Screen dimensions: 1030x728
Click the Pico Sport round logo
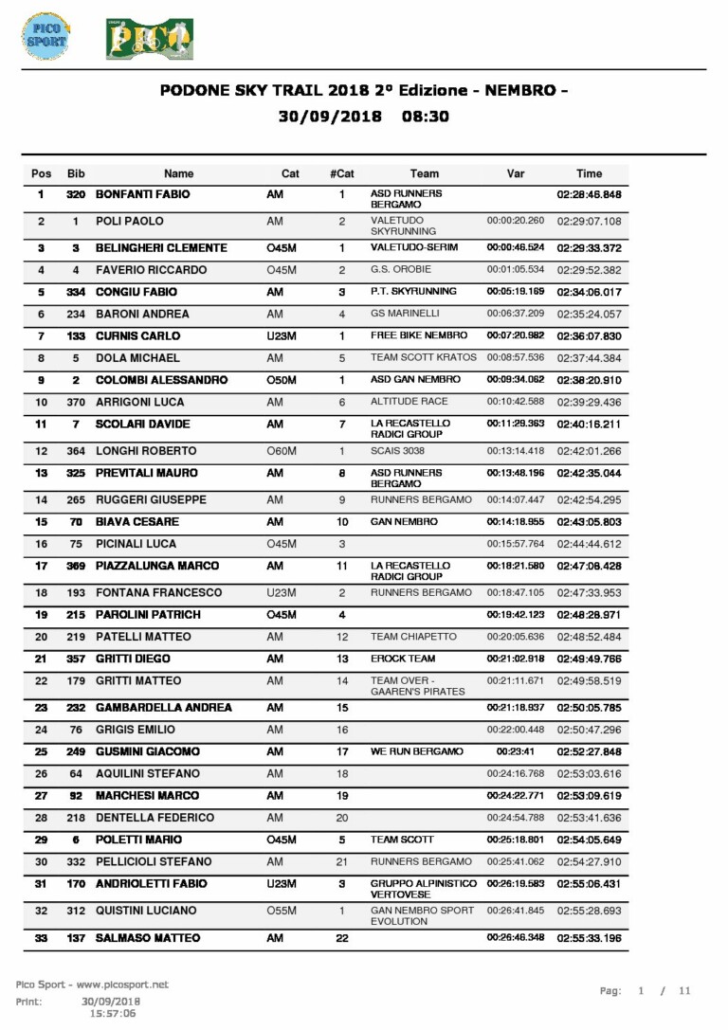pos(45,36)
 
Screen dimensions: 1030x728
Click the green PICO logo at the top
pos(150,38)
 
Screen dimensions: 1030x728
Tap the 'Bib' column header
pos(76,173)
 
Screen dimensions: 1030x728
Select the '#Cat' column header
pos(342,173)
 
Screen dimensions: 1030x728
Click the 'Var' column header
pos(516,173)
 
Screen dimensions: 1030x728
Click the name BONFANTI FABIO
pos(143,194)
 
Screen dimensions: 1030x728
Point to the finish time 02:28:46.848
pos(589,194)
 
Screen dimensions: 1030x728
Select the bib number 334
pos(76,292)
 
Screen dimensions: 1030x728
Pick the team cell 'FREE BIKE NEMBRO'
pos(419,335)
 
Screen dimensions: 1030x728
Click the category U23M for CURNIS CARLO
pos(283,335)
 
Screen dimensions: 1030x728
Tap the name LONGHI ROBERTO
pos(146,451)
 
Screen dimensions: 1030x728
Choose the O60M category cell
pos(282,451)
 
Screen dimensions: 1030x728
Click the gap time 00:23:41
pos(515,751)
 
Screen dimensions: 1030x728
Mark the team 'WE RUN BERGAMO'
pos(417,751)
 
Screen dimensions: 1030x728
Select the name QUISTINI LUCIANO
pos(146,911)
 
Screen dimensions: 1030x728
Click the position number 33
pos(41,938)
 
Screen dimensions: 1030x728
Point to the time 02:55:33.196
pos(589,938)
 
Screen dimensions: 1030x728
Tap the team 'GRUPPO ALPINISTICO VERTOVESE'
pos(424,889)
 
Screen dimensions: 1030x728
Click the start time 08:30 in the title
pos(425,117)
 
